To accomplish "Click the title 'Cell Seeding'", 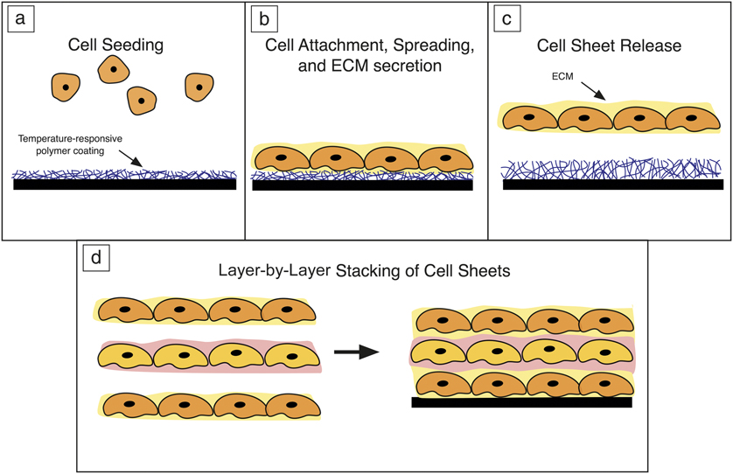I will tap(123, 45).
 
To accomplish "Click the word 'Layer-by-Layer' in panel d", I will tap(272, 271).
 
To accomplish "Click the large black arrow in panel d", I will tap(356, 352).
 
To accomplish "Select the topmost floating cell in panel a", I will tap(115, 69).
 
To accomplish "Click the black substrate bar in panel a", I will tap(124, 185).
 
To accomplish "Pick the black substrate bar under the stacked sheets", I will tap(521, 402).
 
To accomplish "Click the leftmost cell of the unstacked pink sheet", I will tap(128, 355).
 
